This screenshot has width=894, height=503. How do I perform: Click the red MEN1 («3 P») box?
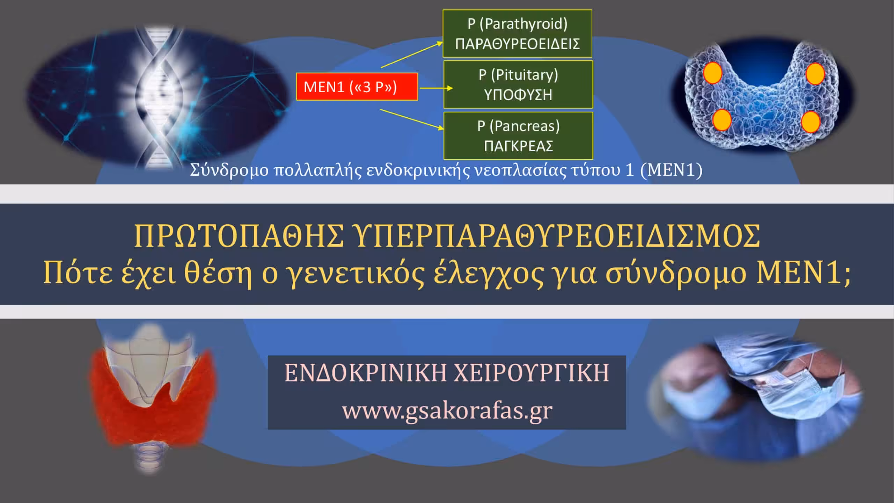[357, 87]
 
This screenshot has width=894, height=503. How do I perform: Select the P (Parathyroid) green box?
[517, 34]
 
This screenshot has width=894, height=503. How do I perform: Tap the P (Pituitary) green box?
[518, 85]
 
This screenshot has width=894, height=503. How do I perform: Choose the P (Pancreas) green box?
[518, 136]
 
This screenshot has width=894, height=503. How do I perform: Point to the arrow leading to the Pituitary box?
[436, 88]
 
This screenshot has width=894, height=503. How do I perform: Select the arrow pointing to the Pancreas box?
[412, 119]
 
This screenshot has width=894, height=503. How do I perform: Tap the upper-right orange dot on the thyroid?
[815, 74]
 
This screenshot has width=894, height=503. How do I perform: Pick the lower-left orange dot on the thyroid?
[722, 120]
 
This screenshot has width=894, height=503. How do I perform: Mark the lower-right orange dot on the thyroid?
[811, 122]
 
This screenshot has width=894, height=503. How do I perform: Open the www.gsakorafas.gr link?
[447, 410]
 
